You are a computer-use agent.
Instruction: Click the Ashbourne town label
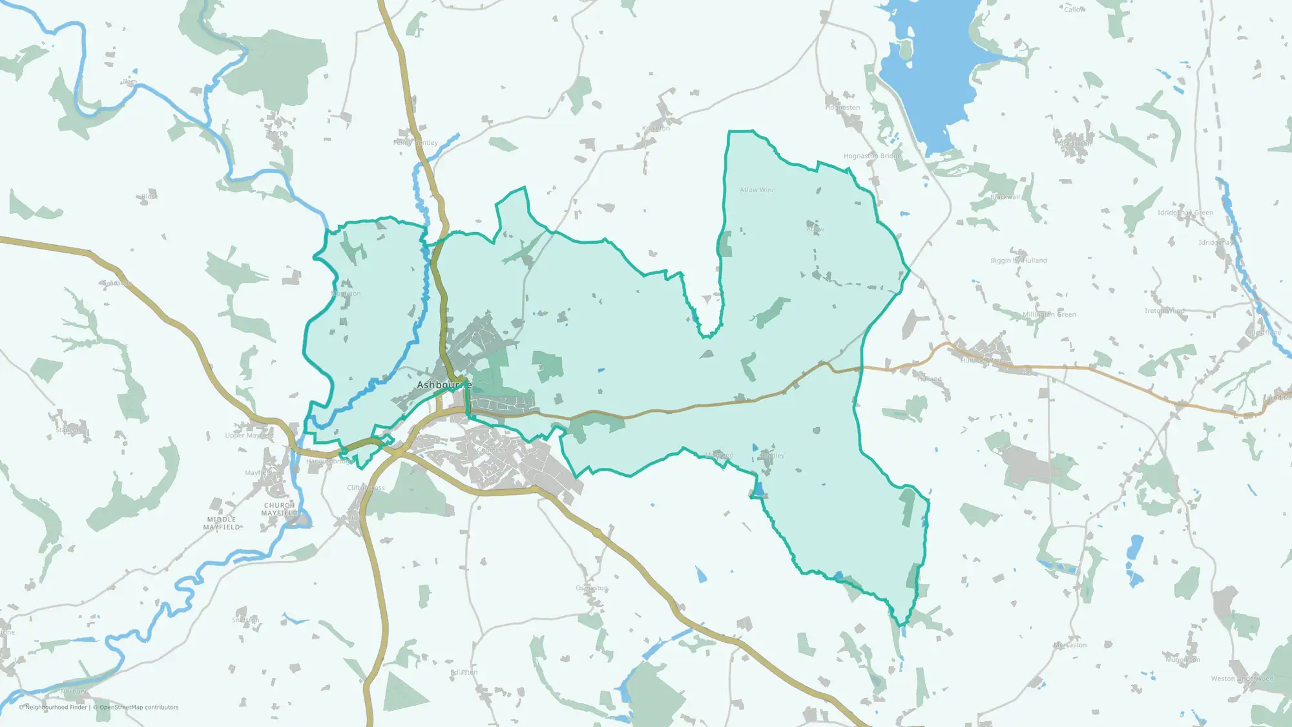444,385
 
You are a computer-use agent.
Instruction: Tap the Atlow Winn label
758,190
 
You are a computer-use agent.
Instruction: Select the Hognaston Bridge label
872,156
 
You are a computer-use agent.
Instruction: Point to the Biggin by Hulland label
1019,260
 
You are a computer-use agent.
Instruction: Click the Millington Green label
1049,315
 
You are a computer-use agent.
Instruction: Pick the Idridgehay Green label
1185,213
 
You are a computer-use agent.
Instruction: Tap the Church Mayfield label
279,509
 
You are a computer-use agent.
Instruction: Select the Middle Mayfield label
222,523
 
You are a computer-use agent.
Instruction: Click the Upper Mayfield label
249,436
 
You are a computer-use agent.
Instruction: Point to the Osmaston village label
592,588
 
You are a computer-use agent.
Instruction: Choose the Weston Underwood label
1242,679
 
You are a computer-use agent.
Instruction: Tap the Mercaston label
1070,645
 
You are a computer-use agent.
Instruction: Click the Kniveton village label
656,129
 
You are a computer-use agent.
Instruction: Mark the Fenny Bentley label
415,142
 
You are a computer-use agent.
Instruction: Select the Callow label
1074,10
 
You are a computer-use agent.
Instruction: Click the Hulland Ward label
982,361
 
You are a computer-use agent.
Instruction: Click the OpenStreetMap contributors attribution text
139,707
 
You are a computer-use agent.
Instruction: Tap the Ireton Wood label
1165,311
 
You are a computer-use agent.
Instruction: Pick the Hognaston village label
842,108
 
